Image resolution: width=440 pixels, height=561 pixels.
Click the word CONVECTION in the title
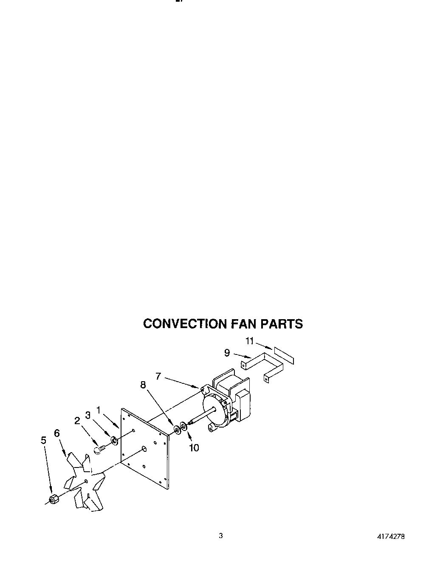(x=186, y=324)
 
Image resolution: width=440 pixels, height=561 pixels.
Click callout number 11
(x=250, y=341)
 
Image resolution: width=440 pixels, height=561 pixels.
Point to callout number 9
(x=227, y=352)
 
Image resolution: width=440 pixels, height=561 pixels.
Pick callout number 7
(x=158, y=376)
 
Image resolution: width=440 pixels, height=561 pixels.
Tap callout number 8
(x=143, y=385)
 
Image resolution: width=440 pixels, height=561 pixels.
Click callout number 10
(x=194, y=448)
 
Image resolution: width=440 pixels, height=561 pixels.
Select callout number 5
(x=44, y=440)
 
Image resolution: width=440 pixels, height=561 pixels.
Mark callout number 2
(x=77, y=420)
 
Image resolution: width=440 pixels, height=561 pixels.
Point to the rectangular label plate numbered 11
(x=284, y=355)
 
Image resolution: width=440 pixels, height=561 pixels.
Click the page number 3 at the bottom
(x=221, y=535)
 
